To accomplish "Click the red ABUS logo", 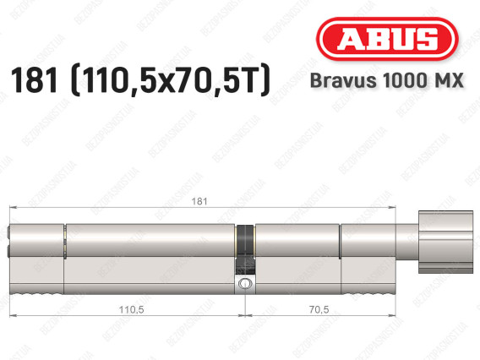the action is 387,39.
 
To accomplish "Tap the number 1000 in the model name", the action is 403,80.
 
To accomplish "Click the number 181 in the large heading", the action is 34,80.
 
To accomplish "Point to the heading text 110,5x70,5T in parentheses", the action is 170,80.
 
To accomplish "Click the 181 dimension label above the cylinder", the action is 199,201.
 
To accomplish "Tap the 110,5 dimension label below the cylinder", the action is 132,309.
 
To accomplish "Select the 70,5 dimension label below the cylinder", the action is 319,309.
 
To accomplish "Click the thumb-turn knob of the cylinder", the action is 445,242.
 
